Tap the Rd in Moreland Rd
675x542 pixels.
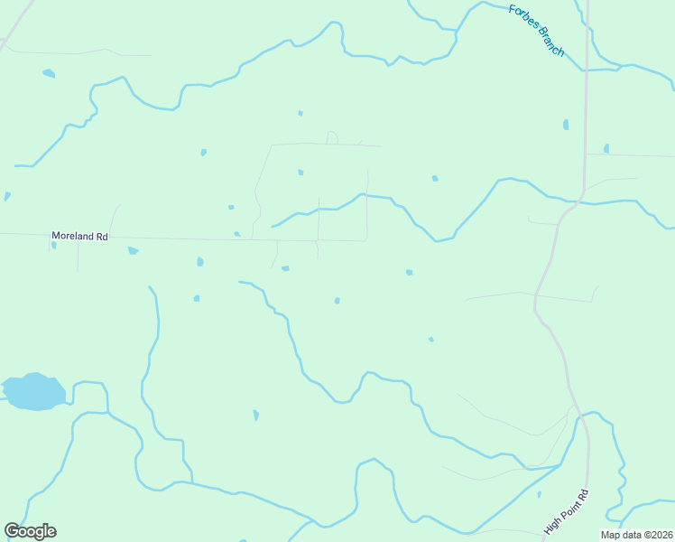click(x=102, y=236)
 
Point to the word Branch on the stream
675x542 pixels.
click(x=549, y=42)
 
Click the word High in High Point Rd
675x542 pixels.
click(x=552, y=525)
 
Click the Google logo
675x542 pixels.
click(x=30, y=531)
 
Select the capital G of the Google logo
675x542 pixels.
click(x=13, y=531)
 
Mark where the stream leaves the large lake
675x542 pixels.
click(x=68, y=397)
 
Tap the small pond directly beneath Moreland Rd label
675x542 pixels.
click(x=54, y=246)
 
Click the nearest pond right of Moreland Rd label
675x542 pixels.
click(x=134, y=250)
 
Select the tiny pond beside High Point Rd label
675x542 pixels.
click(x=539, y=494)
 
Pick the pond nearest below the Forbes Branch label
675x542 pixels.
click(x=566, y=125)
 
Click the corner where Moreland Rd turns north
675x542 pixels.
click(x=366, y=239)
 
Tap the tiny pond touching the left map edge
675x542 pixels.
click(x=6, y=196)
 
